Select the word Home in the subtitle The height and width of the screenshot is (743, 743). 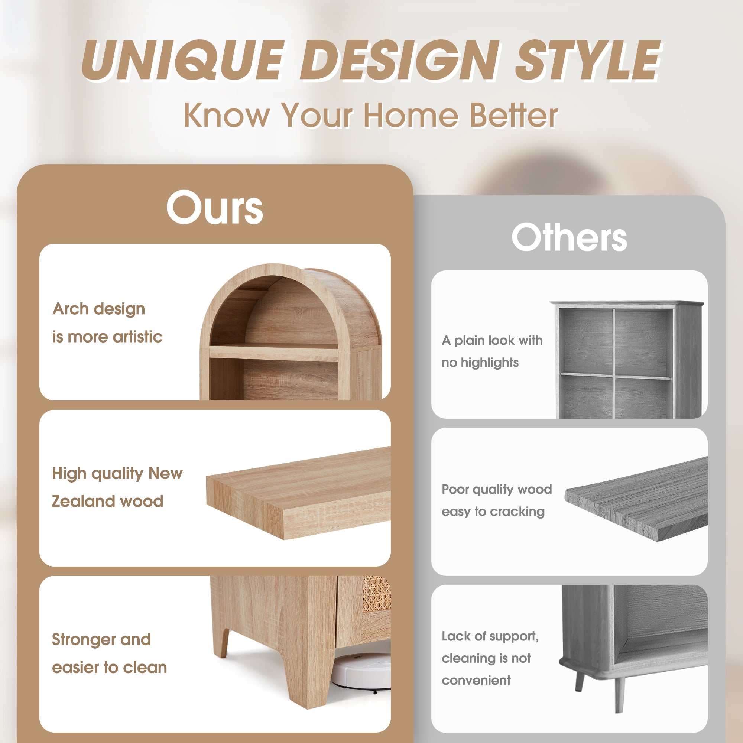(411, 115)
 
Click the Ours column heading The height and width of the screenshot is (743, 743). (215, 207)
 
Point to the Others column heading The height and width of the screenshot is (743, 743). (569, 237)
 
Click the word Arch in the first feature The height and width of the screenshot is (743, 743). (71, 309)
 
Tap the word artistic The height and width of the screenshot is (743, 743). (138, 337)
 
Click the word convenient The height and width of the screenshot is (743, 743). (476, 680)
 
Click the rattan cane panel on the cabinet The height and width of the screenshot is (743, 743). (376, 594)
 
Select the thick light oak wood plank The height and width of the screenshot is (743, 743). (298, 493)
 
